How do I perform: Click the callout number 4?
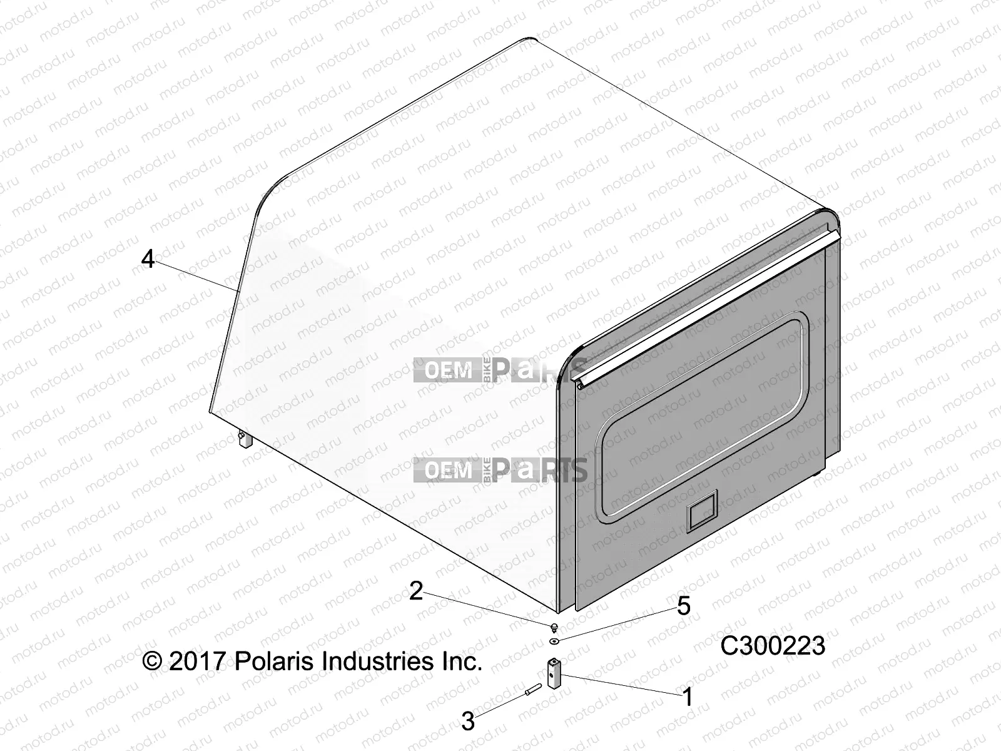pyautogui.click(x=148, y=258)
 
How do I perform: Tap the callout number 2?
pyautogui.click(x=417, y=591)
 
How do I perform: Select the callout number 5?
pyautogui.click(x=683, y=606)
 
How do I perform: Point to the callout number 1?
pyautogui.click(x=688, y=697)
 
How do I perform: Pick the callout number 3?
pyautogui.click(x=468, y=722)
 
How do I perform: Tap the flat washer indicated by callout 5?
pyautogui.click(x=555, y=641)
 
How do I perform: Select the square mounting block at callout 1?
pyautogui.click(x=555, y=674)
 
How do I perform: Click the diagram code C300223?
pyautogui.click(x=773, y=646)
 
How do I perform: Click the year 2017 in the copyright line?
pyautogui.click(x=196, y=661)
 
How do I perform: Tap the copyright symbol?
pyautogui.click(x=152, y=662)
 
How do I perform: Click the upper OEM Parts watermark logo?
pyautogui.click(x=500, y=370)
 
